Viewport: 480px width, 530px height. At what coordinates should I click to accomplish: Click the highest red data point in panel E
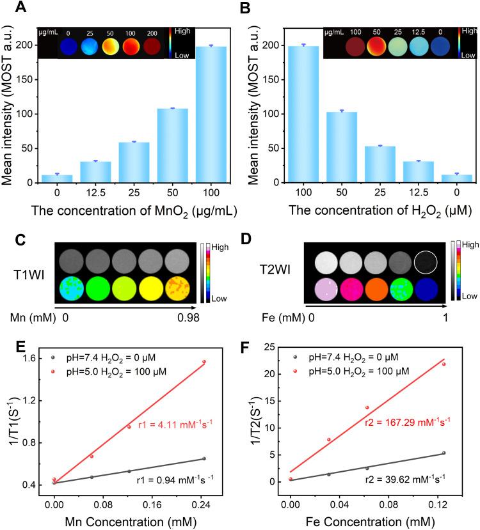[x=204, y=362]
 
